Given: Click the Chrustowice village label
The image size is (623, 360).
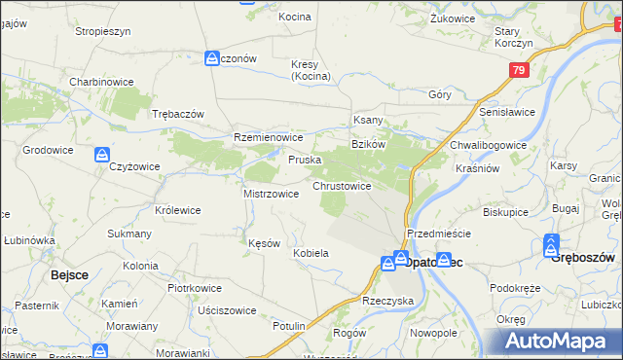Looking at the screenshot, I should [x=341, y=185].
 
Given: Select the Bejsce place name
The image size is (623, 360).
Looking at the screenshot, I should [x=69, y=275].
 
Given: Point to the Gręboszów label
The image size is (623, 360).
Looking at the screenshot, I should [x=582, y=260].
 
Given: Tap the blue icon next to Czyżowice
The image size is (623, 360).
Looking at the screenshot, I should [x=101, y=154].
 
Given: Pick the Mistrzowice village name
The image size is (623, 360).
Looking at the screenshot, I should [x=271, y=194].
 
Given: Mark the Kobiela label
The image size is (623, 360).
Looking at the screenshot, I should [x=311, y=253].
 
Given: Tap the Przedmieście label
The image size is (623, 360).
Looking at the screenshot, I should [x=439, y=234].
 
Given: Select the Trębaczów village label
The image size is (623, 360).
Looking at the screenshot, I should [x=178, y=114].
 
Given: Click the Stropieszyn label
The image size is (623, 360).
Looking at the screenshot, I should [x=103, y=31].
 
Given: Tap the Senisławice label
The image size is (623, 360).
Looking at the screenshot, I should [x=508, y=113].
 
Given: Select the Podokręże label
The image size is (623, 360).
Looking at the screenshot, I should [x=515, y=288].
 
